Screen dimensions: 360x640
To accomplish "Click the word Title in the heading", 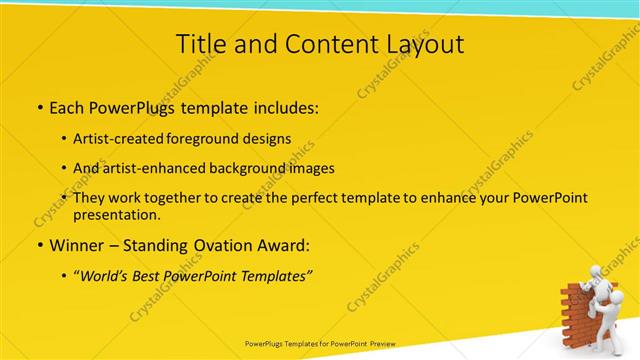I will click(x=200, y=44).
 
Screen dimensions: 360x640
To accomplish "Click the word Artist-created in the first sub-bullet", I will click(x=117, y=139).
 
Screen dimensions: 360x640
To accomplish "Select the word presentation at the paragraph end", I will click(x=116, y=214).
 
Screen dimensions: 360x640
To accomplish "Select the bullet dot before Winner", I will click(x=39, y=245).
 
